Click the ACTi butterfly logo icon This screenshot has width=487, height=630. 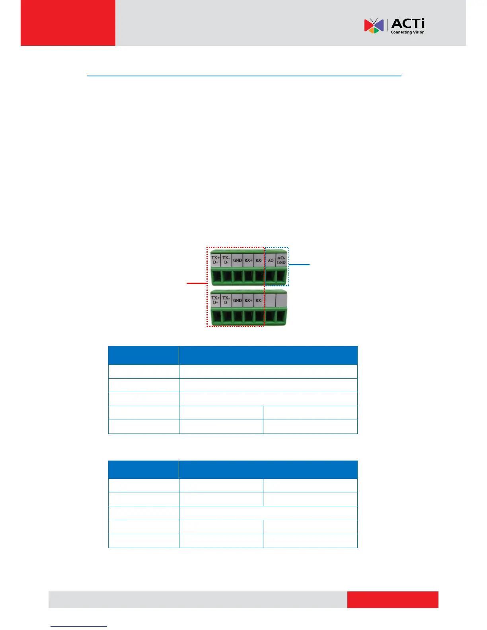(x=374, y=26)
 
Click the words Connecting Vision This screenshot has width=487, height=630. (x=407, y=32)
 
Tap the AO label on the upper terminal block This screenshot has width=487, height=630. (x=271, y=261)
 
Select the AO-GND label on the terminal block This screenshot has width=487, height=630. (x=281, y=260)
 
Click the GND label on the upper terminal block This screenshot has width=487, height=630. (x=238, y=261)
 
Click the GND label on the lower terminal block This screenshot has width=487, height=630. (x=238, y=301)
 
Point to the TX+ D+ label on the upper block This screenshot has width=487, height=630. (x=215, y=260)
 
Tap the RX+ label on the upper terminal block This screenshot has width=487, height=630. (x=248, y=261)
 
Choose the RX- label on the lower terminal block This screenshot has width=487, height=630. (x=259, y=301)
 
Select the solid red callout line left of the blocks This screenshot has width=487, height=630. (x=197, y=283)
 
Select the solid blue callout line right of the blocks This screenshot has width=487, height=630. (x=299, y=264)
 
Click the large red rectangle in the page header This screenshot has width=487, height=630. (x=68, y=23)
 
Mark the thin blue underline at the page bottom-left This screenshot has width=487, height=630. (x=79, y=626)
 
